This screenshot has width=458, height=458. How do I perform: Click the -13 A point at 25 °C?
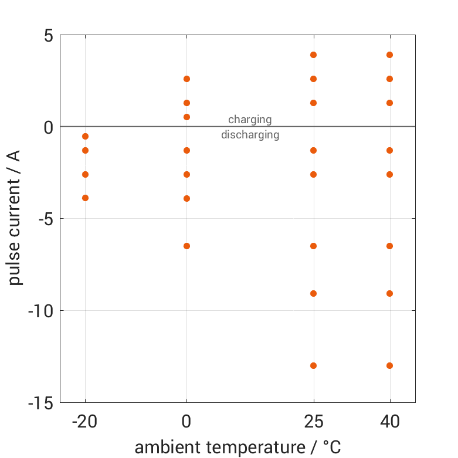[x=313, y=365]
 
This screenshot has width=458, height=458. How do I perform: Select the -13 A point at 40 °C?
[x=389, y=365]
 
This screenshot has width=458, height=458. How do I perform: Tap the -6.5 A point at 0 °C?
[x=186, y=246]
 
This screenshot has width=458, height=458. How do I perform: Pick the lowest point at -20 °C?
[x=85, y=198]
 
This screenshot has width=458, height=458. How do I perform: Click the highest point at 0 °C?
[x=186, y=79]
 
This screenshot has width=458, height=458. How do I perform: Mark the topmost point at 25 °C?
[x=313, y=55]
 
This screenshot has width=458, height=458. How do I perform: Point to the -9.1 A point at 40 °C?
[x=389, y=293]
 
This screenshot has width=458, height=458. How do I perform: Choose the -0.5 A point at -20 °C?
[x=85, y=136]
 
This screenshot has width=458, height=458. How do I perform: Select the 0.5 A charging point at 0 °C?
[x=186, y=117]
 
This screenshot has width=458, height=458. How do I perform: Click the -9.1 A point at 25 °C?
[x=313, y=293]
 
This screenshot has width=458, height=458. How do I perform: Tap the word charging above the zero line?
[x=250, y=120]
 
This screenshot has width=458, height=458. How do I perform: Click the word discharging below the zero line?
[x=250, y=135]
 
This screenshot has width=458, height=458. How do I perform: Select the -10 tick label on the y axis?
[x=40, y=311]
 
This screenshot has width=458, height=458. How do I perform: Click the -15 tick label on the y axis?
[x=40, y=403]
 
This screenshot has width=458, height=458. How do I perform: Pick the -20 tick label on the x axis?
[x=85, y=421]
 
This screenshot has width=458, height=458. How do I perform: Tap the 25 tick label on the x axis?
[x=313, y=421]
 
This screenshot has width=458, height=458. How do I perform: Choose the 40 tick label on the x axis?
[x=389, y=421]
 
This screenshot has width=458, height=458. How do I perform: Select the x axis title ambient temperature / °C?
[x=238, y=447]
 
